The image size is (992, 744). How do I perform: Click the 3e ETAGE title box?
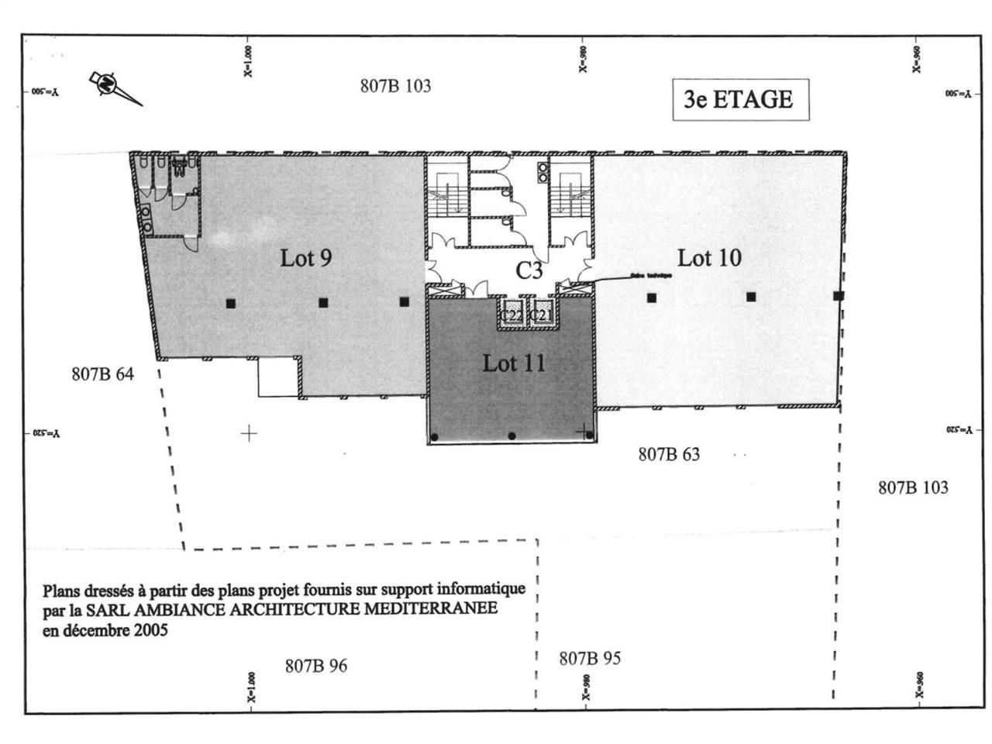(739, 100)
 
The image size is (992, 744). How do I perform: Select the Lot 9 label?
(306, 257)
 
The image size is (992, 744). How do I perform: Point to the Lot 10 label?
(708, 257)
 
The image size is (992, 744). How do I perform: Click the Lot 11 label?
(514, 363)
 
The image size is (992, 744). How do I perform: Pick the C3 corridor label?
(529, 270)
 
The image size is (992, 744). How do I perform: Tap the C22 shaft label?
(511, 316)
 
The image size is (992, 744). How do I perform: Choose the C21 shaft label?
(541, 316)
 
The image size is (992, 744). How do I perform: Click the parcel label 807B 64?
(102, 374)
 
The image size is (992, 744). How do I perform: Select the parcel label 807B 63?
(669, 454)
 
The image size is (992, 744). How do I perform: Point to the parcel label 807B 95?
(590, 659)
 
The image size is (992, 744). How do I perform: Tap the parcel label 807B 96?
(316, 666)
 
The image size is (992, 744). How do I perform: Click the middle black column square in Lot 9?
(323, 303)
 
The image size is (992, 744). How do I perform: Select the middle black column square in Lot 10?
(751, 297)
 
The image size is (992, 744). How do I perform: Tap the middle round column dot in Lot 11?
(511, 436)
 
